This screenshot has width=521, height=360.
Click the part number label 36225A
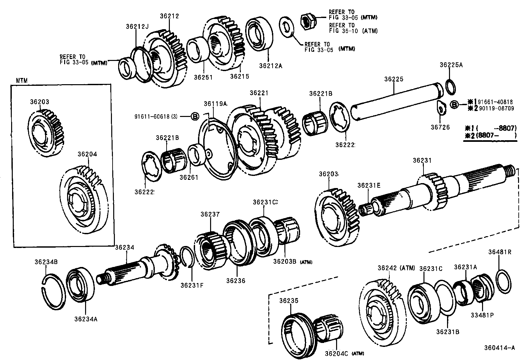451,65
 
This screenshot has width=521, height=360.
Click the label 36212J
137,26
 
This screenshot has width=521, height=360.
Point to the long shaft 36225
396,100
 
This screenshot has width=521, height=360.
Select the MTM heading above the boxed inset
22,81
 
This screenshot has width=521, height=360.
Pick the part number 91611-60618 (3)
156,116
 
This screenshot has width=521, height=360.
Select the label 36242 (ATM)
396,268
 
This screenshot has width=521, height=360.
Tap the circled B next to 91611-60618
195,116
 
